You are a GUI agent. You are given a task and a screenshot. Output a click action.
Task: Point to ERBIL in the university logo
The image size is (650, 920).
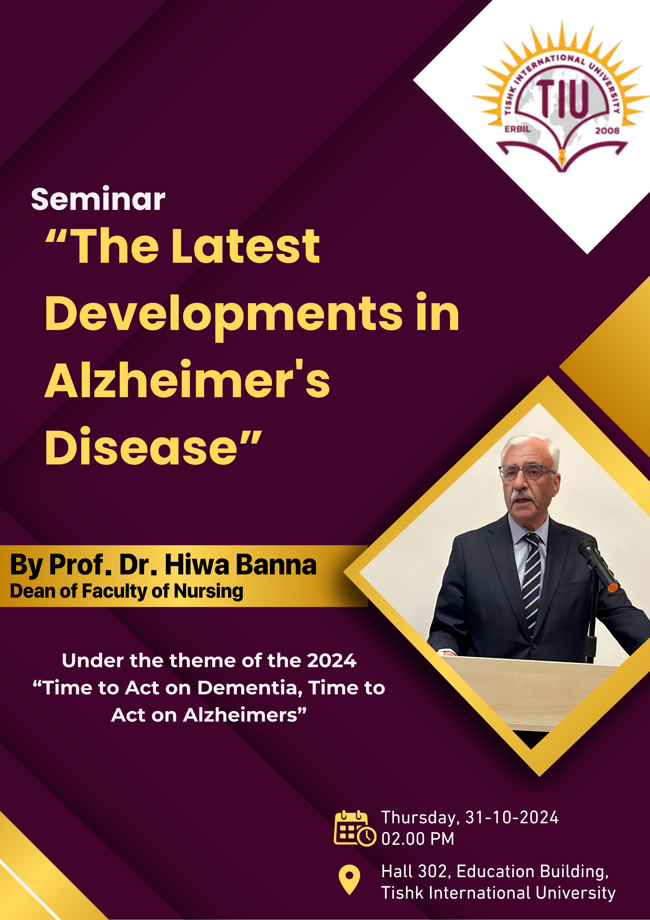tap(517, 129)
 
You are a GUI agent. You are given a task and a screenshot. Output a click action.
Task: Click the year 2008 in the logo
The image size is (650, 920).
tap(607, 131)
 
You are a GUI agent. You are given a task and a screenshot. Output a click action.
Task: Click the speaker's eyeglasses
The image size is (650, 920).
tap(526, 472)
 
